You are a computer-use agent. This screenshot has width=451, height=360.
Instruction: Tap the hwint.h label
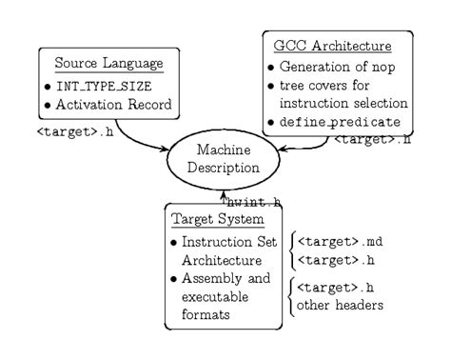[255, 201]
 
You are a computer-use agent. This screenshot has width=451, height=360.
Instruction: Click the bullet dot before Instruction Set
[174, 242]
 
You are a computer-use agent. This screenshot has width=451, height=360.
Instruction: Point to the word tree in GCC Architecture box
[289, 88]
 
